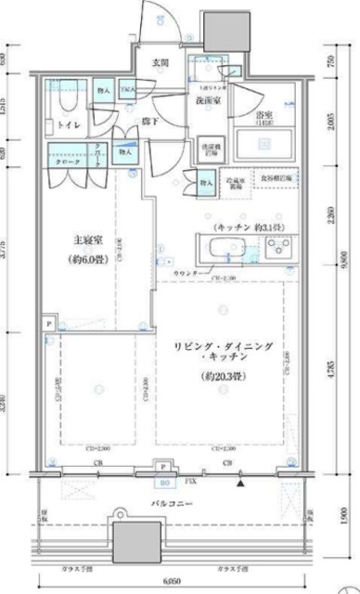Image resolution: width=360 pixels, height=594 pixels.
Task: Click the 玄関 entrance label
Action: click(x=161, y=63)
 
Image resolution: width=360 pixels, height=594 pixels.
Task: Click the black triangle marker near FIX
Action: click(x=241, y=482)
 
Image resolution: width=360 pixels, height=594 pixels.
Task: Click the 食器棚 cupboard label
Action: click(x=276, y=176)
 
